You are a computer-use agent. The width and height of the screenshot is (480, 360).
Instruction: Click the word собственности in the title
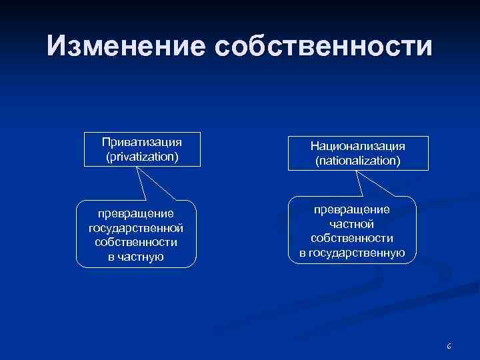[323, 47]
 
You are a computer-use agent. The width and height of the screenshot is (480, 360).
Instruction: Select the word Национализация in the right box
[358, 145]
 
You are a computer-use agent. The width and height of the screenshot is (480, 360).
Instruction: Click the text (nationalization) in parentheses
[358, 161]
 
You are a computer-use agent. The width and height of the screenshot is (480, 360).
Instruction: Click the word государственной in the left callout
[136, 228]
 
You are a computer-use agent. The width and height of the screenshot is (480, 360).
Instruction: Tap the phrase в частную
[136, 257]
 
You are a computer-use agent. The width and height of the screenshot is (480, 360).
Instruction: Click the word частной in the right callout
[351, 223]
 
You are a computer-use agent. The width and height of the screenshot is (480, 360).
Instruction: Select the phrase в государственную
[351, 252]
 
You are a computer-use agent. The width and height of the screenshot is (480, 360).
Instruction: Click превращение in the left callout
[136, 213]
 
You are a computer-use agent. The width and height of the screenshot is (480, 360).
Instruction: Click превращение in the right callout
[351, 209]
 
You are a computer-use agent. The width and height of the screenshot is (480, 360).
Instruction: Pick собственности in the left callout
[136, 243]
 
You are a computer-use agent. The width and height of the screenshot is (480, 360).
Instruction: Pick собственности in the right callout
[351, 238]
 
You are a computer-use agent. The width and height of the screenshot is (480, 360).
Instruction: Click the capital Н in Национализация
[315, 145]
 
